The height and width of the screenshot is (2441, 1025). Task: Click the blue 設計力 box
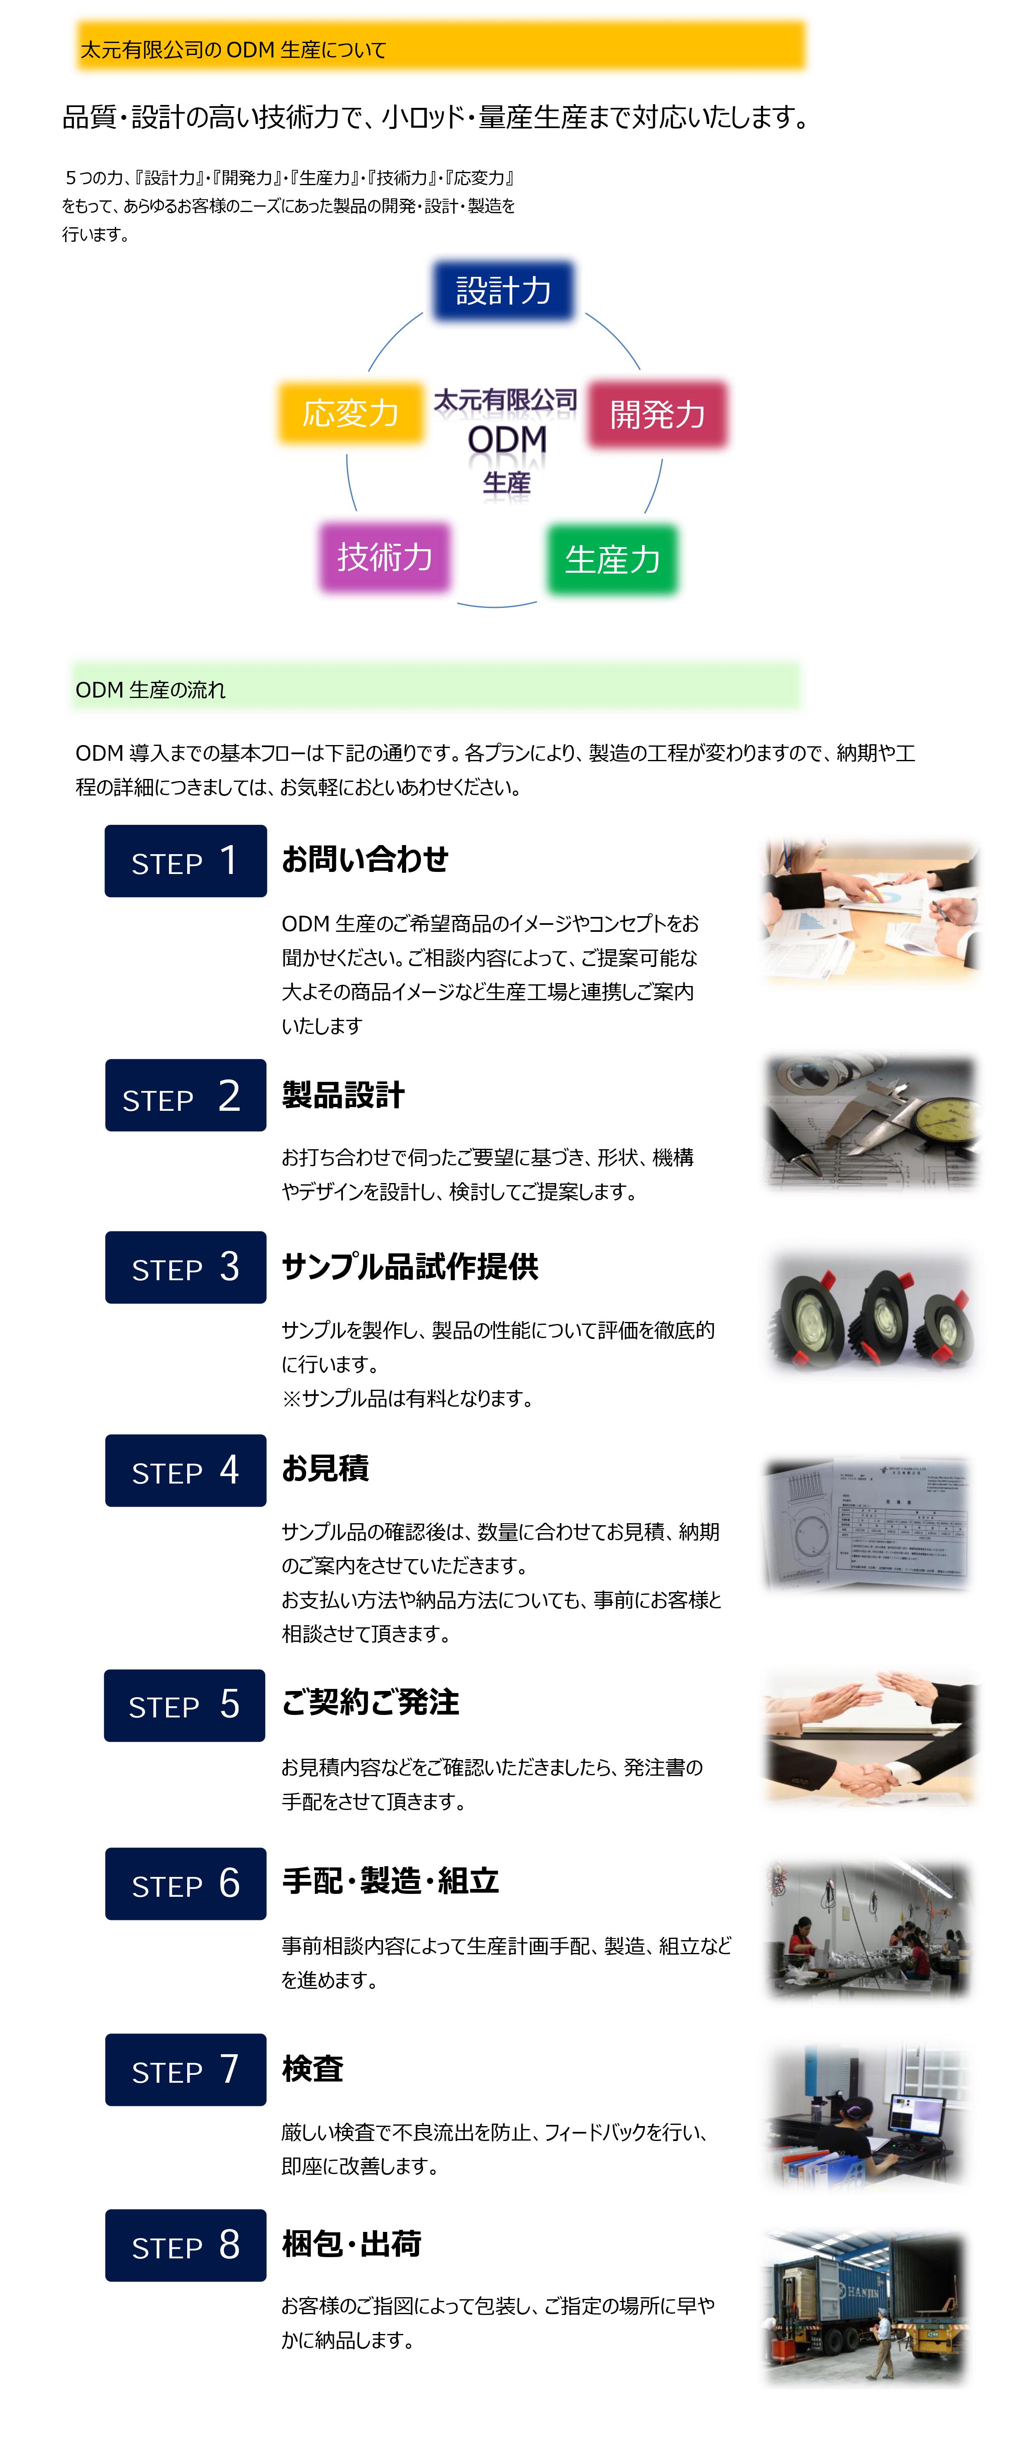[x=503, y=290]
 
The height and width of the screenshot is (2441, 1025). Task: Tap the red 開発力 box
[x=657, y=414]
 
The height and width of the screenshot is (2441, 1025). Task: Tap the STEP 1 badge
[x=185, y=860]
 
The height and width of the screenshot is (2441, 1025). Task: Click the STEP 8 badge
[x=185, y=2245]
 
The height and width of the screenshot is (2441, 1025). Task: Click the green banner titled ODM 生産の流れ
[x=436, y=686]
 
